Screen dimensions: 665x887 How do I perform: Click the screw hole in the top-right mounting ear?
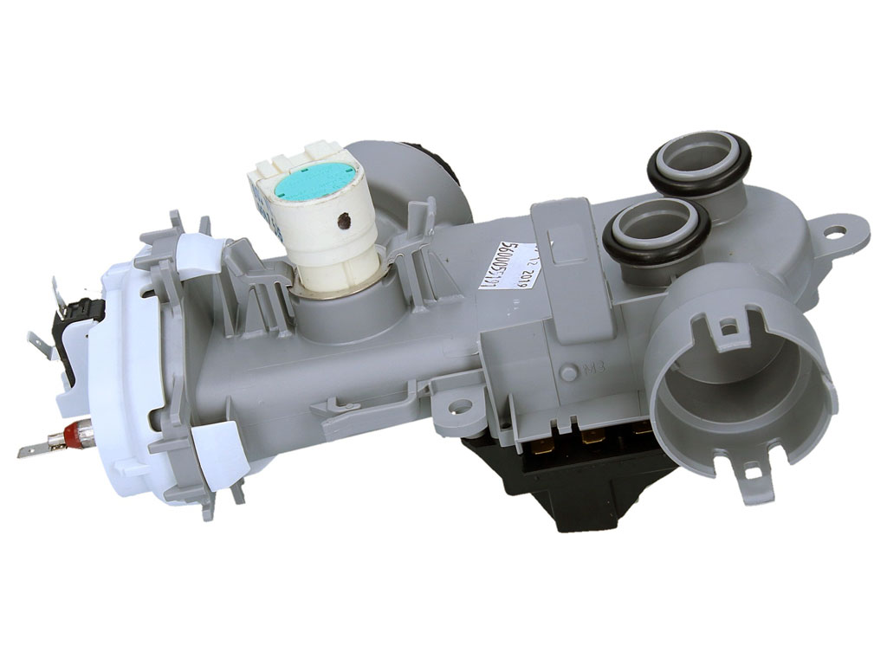point(835,231)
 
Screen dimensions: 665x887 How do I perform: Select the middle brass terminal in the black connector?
point(593,442)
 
